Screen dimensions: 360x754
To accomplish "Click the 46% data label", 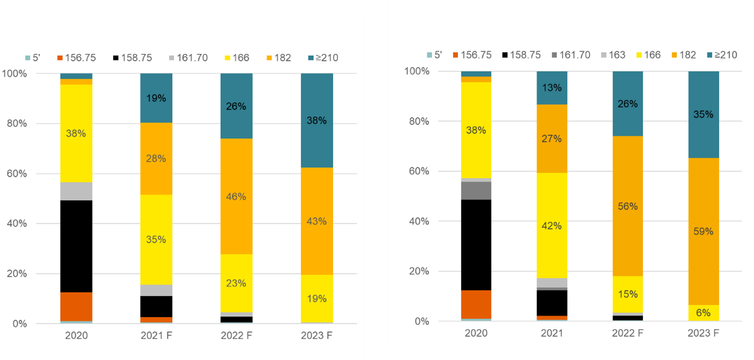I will pyautogui.click(x=236, y=197).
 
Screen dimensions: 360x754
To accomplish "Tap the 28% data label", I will pyautogui.click(x=156, y=159).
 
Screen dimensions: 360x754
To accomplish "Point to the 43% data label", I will pyautogui.click(x=317, y=221).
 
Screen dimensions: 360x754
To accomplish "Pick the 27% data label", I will pyautogui.click(x=551, y=139).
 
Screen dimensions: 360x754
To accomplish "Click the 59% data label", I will pyautogui.click(x=703, y=231).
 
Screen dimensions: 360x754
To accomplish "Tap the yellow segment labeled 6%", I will pyautogui.click(x=703, y=313).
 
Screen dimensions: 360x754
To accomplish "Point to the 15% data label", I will pyautogui.click(x=627, y=294).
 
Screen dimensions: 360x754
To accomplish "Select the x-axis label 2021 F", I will pyautogui.click(x=156, y=336).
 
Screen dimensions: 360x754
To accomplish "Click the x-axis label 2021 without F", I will pyautogui.click(x=552, y=334).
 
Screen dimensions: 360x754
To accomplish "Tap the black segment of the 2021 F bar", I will pyautogui.click(x=156, y=306).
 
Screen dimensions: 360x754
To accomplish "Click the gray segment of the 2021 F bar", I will pyautogui.click(x=156, y=290).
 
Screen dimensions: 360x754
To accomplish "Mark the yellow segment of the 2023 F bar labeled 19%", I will pyautogui.click(x=317, y=299).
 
